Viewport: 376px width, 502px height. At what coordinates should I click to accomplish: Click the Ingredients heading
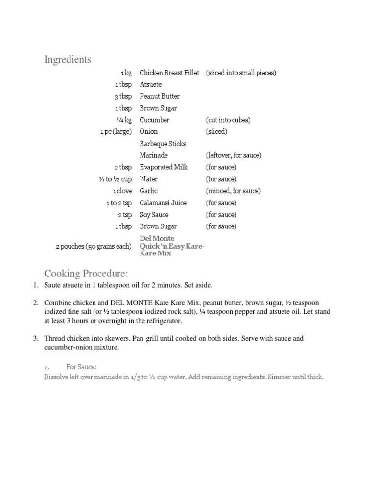pyautogui.click(x=68, y=60)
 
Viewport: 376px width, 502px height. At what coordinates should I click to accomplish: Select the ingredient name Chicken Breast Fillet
pyautogui.click(x=169, y=73)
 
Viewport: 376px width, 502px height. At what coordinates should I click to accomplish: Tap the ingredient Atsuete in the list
pyautogui.click(x=150, y=84)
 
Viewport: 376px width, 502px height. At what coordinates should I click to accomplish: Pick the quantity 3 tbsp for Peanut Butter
pyautogui.click(x=123, y=96)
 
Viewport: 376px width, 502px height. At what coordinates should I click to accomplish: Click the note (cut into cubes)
pyautogui.click(x=228, y=120)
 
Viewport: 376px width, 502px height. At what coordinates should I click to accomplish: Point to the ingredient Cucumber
pyautogui.click(x=155, y=120)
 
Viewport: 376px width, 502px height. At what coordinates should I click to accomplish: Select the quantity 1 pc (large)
pyautogui.click(x=116, y=131)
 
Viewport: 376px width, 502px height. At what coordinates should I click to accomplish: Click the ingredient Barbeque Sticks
pyautogui.click(x=163, y=144)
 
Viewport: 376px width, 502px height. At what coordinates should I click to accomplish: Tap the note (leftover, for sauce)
pyautogui.click(x=234, y=155)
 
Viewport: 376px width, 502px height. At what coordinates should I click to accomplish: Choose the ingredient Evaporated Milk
pyautogui.click(x=164, y=167)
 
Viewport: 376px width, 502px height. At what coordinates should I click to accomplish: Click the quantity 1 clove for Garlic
pyautogui.click(x=122, y=191)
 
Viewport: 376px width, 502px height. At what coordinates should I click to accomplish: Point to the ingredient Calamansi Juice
pyautogui.click(x=163, y=203)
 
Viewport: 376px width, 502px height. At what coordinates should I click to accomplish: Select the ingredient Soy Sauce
pyautogui.click(x=154, y=215)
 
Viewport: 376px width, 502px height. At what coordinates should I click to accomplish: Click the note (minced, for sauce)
pyautogui.click(x=233, y=191)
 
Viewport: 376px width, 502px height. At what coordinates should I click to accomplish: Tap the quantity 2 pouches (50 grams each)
pyautogui.click(x=94, y=246)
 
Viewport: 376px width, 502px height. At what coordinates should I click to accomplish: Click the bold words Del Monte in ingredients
pyautogui.click(x=157, y=238)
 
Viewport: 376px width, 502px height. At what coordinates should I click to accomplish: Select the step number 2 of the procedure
pyautogui.click(x=36, y=303)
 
